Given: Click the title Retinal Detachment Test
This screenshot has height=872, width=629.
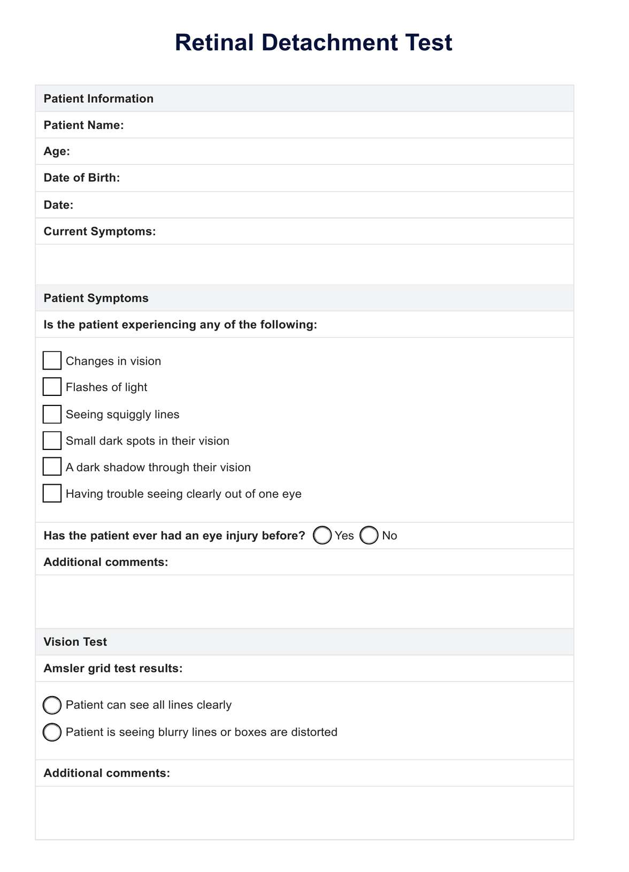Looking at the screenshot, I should pos(313,43).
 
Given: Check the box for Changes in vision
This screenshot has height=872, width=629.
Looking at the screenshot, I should pos(52,361).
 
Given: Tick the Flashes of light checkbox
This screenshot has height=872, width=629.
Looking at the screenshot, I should pos(52,387).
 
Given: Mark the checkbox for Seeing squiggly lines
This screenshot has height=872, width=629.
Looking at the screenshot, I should pos(52,414).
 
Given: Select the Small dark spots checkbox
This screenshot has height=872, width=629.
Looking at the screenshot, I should pos(52,441).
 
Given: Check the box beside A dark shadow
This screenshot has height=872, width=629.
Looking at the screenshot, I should pos(52,467).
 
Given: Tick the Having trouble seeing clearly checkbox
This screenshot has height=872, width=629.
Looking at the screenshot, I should pos(52,493).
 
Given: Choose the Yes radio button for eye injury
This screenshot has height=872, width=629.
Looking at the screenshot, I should pos(322,536).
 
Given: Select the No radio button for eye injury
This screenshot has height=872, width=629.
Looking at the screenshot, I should pos(369,536).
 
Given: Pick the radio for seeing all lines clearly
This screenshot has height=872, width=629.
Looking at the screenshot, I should pos(52,705).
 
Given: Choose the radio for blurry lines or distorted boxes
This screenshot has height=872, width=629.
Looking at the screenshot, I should pos(52,732).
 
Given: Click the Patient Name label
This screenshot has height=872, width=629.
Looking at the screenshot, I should pos(83,125).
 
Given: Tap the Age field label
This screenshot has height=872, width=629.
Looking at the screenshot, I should pos(57,151).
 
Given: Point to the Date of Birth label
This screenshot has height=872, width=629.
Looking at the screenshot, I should pos(82,178).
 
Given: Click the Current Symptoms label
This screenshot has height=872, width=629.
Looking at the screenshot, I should pos(99,232).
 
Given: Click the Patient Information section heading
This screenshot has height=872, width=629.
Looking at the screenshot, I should pos(98,99).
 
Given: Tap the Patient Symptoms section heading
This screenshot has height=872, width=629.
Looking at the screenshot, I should pos(96,299).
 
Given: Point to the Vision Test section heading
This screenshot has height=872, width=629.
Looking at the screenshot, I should pos(75,642).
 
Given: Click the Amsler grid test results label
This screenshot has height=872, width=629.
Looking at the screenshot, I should pos(113,669).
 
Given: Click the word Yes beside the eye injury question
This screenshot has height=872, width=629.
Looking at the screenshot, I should pos(344,536).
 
